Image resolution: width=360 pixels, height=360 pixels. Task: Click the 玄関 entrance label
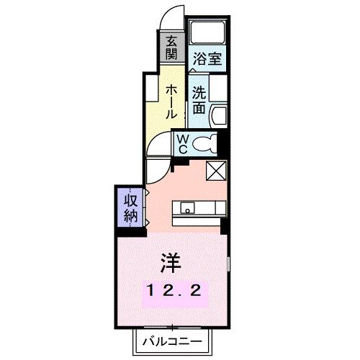[x=171, y=48]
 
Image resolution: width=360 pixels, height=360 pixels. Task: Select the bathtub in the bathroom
[x=208, y=33]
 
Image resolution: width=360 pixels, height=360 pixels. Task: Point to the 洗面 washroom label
[x=199, y=100]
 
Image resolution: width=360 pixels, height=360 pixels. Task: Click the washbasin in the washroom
[x=220, y=114]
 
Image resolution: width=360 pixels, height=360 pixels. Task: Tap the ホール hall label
[x=172, y=101]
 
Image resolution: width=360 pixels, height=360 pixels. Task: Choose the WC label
[x=182, y=142]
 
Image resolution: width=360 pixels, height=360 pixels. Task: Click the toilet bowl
[x=207, y=143]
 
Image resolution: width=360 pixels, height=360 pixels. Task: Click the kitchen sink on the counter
[x=186, y=209]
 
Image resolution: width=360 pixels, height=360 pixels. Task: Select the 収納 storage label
[x=130, y=207]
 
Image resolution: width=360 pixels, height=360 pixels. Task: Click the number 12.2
[x=175, y=290]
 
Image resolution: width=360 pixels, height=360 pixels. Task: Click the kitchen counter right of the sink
[x=211, y=209]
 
